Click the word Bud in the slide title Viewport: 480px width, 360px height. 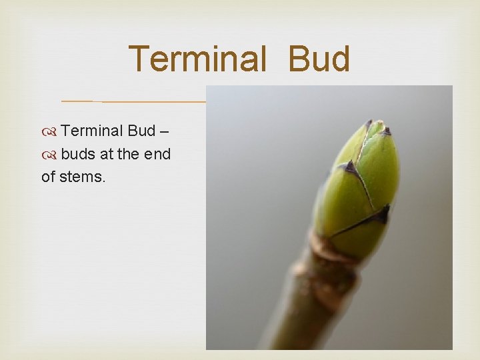point(319,59)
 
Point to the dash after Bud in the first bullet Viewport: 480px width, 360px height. point(164,131)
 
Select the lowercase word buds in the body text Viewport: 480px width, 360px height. point(78,154)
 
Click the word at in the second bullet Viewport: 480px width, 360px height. point(107,154)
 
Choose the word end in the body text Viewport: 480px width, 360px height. point(158,154)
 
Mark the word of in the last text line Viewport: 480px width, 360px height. point(48,177)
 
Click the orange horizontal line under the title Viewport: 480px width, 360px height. point(133,101)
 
